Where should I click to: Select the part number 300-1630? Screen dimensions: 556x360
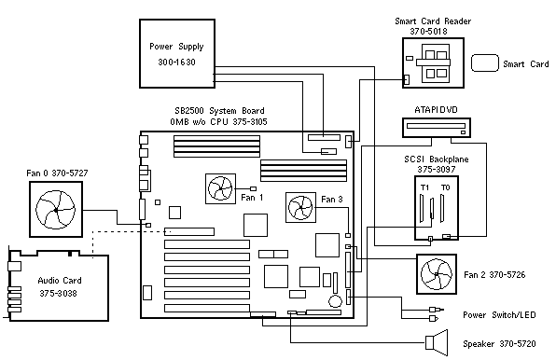(x=176, y=62)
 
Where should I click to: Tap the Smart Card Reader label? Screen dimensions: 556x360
(x=433, y=21)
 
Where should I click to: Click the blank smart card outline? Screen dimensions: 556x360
(x=485, y=63)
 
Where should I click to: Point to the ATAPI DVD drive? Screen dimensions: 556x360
(x=437, y=128)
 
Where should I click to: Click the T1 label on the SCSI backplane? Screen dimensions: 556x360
(x=424, y=187)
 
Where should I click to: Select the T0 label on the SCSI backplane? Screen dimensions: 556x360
(x=445, y=187)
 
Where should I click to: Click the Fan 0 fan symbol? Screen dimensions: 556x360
(x=56, y=210)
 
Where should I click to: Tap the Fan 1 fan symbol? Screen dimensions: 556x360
(x=220, y=188)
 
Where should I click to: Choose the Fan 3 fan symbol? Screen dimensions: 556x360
(x=300, y=208)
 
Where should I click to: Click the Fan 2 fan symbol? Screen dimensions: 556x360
(x=437, y=274)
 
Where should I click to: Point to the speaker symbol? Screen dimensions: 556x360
(x=437, y=342)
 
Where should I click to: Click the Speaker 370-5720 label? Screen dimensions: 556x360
(x=499, y=344)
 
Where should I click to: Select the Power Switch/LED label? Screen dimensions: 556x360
(x=499, y=314)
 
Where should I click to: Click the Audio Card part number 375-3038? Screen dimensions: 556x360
(x=58, y=294)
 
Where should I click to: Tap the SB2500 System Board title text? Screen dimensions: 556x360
(x=219, y=111)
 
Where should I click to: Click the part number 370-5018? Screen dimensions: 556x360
(x=428, y=31)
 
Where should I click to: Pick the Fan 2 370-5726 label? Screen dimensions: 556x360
(x=494, y=274)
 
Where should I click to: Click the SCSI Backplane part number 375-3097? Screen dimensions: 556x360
(x=437, y=170)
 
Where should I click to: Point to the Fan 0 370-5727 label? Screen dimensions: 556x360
(x=57, y=173)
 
